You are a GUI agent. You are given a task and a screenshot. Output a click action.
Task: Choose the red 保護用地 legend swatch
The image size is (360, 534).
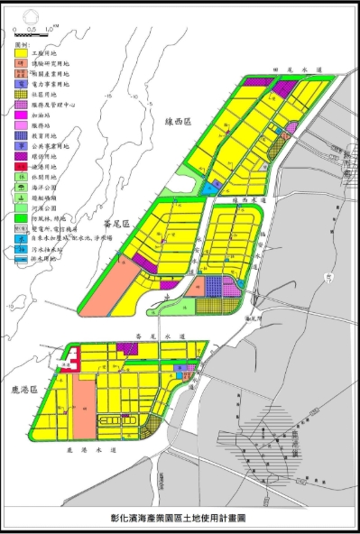(20, 167)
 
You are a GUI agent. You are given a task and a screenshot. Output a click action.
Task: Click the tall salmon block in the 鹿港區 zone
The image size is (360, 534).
(84, 407)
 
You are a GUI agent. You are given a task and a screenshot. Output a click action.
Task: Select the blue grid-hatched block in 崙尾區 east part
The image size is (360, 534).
(214, 286)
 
